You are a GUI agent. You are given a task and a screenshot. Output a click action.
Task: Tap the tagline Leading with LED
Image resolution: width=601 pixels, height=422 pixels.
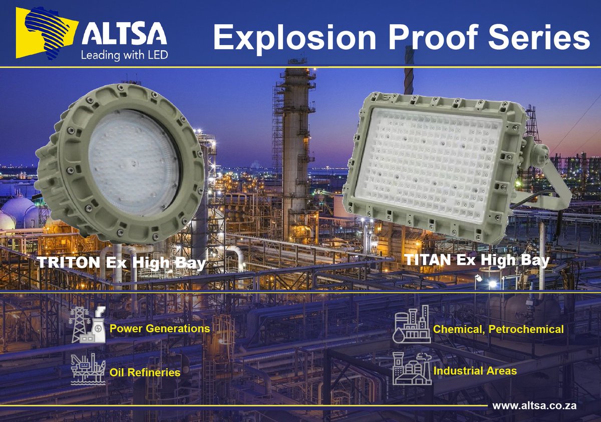point(125,55)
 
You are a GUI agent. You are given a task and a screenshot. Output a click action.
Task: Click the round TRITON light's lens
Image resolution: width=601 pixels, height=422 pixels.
point(133,163)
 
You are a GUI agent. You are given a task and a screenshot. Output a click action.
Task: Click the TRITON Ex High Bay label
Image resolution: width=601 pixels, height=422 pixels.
point(123,263)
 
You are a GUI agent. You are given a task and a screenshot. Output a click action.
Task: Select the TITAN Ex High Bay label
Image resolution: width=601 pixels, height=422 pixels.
point(476,260)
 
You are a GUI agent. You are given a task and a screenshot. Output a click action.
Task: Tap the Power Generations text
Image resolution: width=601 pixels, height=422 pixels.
point(159,329)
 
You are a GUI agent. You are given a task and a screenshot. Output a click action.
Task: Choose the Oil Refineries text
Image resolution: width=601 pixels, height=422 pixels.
point(144,372)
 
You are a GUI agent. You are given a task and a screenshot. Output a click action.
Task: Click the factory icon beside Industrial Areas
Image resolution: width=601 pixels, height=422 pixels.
point(412,368)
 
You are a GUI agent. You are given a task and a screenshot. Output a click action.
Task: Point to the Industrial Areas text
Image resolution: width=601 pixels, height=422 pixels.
point(475,371)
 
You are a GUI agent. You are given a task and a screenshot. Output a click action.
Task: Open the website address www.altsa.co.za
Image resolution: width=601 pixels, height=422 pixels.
point(534,404)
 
